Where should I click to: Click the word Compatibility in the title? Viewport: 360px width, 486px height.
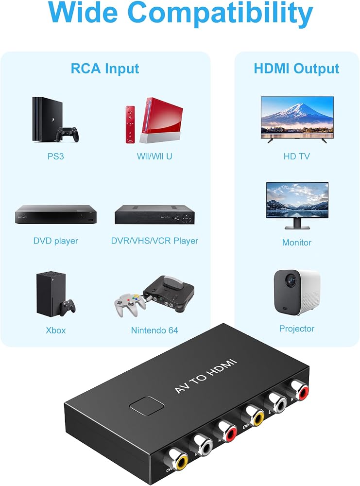point(220,14)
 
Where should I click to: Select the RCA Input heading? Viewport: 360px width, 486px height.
point(105,69)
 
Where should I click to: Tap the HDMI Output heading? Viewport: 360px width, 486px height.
point(296,69)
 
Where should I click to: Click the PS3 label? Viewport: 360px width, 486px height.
point(55,156)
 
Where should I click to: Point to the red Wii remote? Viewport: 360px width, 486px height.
point(130,124)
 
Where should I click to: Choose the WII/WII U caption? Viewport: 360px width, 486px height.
point(154,156)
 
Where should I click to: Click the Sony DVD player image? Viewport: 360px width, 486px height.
point(56,214)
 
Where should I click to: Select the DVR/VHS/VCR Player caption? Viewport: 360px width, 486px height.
point(154,241)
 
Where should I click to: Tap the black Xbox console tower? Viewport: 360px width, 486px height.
point(51,294)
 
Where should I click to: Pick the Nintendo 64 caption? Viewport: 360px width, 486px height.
point(154,330)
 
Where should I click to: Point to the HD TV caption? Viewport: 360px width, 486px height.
point(296,156)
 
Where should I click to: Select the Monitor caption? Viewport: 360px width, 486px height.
point(296,243)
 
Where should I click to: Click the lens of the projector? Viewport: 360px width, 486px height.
point(291,281)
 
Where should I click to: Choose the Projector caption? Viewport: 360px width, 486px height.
point(296,329)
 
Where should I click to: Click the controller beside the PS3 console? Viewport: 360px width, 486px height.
point(67,134)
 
